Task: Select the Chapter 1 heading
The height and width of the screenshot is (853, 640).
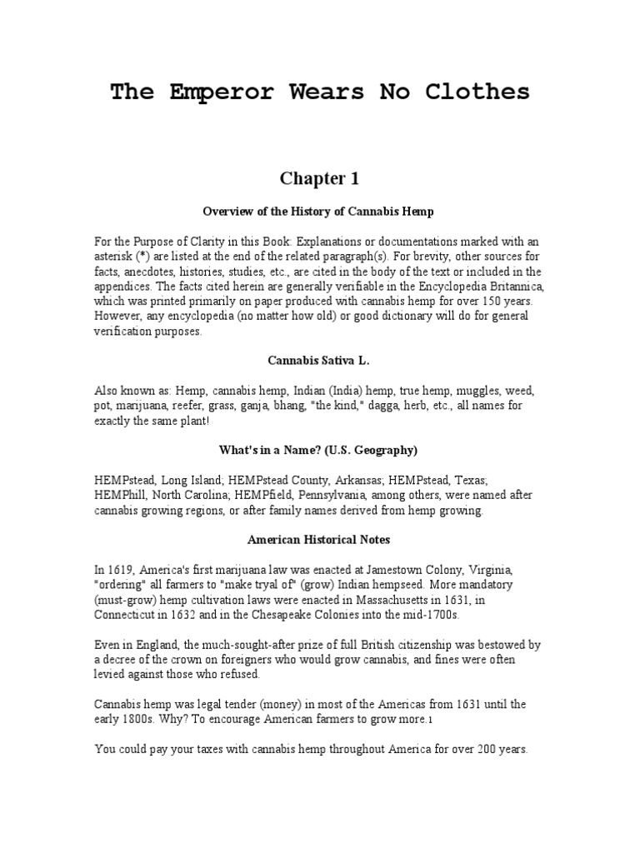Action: click(319, 178)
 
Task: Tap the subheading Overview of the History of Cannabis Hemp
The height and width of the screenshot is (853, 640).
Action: click(319, 212)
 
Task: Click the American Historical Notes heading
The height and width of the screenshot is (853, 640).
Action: click(319, 540)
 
